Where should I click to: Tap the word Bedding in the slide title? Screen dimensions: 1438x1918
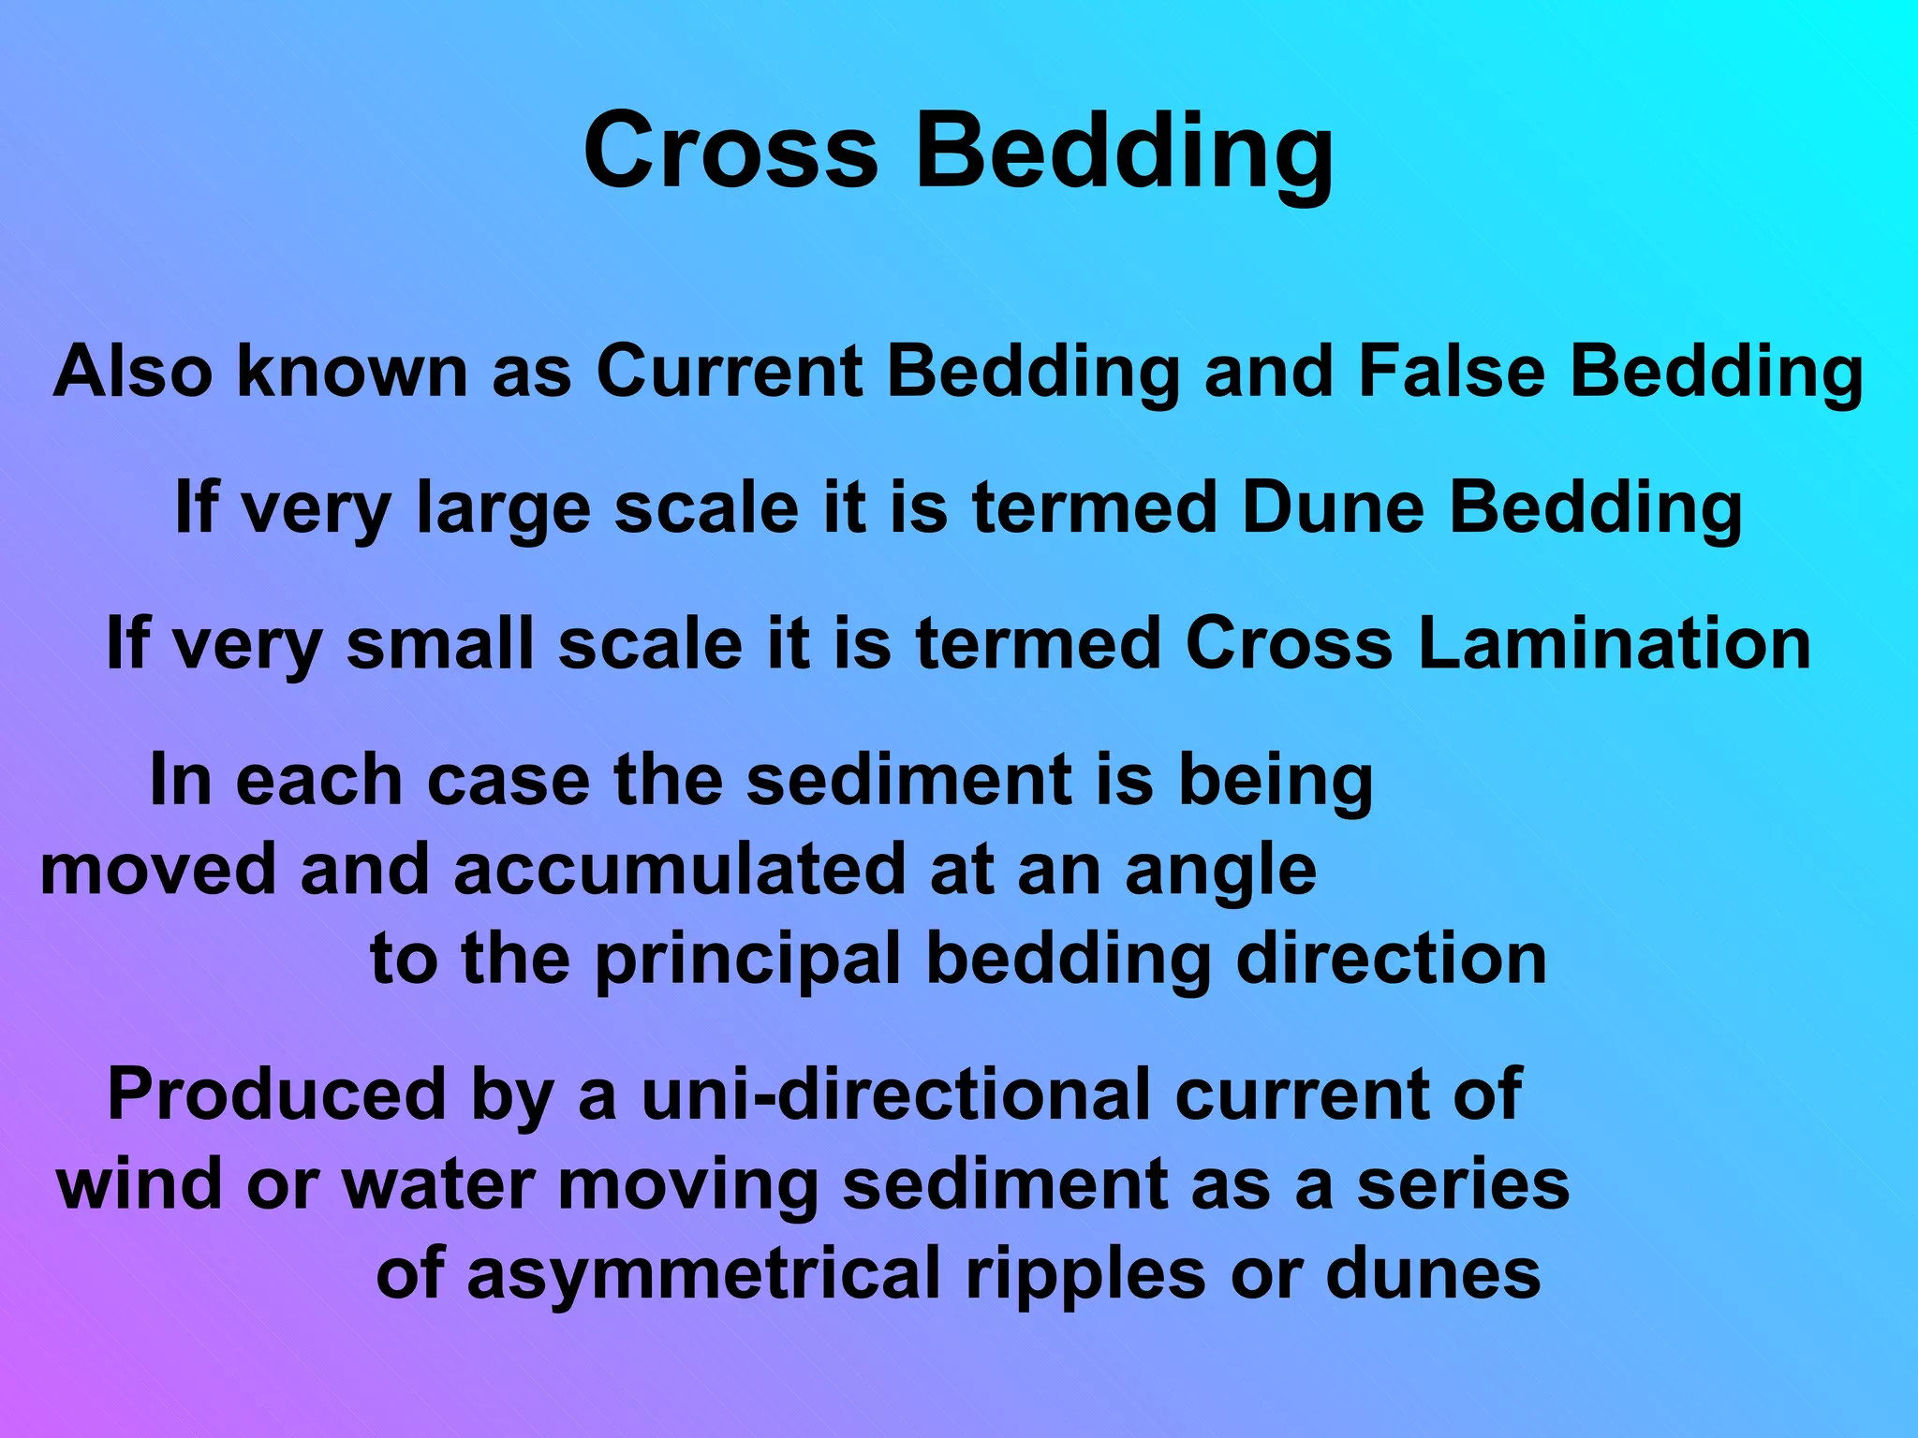coord(1124,154)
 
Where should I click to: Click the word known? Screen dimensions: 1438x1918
coord(352,372)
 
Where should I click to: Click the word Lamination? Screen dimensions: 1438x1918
coord(1615,644)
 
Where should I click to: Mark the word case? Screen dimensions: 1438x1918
coord(508,781)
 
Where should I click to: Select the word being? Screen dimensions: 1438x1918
coord(1276,783)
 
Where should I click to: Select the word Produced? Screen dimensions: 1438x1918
coord(277,1094)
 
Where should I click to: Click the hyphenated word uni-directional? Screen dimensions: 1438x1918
coord(895,1094)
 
